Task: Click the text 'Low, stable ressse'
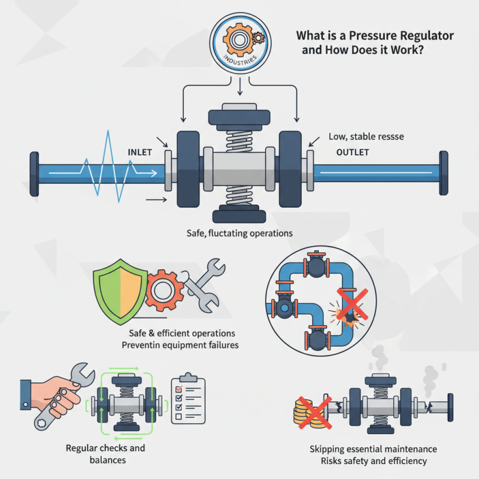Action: coord(366,137)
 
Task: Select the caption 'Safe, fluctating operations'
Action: coord(239,233)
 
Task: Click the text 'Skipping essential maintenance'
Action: coord(373,449)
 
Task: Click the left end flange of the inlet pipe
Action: coord(34,174)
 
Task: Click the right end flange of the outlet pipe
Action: coord(444,174)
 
